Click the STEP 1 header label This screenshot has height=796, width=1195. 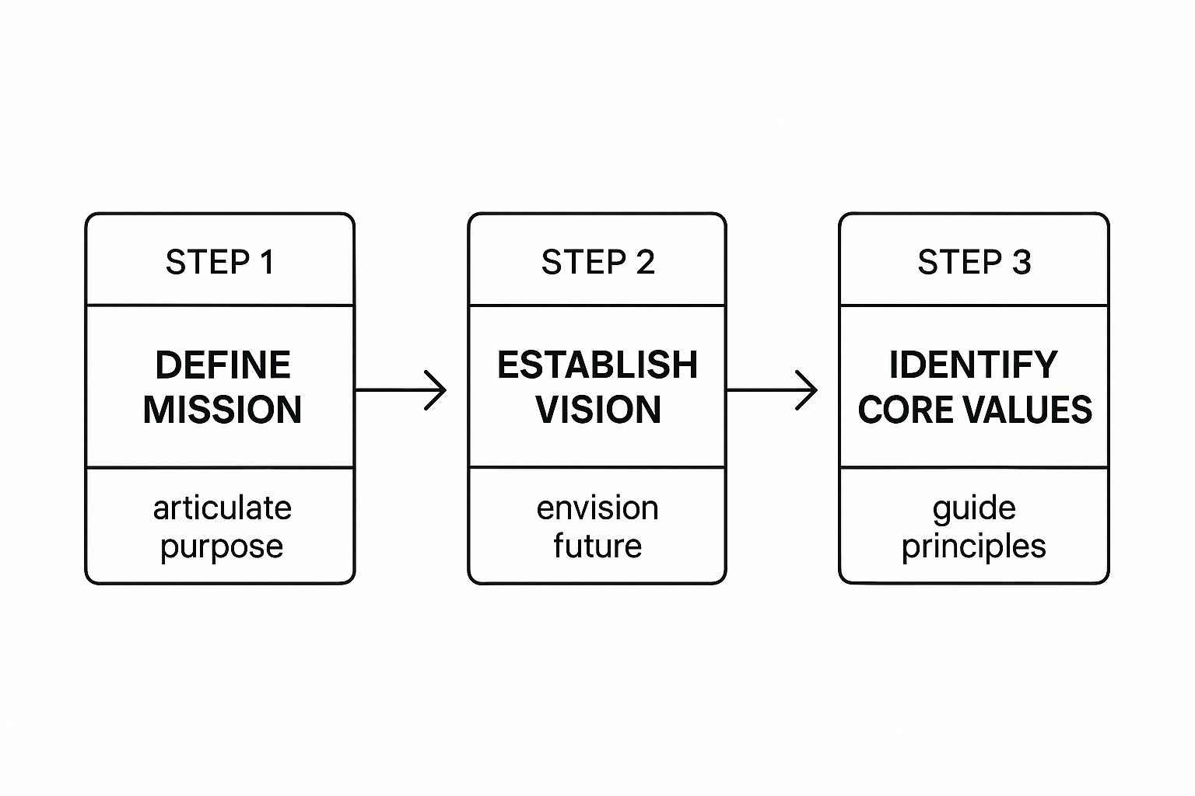(219, 263)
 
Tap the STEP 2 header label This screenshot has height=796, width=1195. (597, 263)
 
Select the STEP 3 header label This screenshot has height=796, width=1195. (974, 263)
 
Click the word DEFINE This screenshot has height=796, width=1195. (223, 365)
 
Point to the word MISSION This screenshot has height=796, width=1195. (223, 410)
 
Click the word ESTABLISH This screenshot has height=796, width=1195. (597, 365)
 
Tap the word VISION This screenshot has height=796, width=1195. (598, 410)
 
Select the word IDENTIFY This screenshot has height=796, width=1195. (973, 365)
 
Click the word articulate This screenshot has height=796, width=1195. (223, 508)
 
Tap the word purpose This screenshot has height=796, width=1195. (222, 547)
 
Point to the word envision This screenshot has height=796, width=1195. (597, 508)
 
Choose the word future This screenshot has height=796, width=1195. (597, 546)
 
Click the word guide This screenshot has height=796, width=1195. (974, 508)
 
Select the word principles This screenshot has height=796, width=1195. (973, 547)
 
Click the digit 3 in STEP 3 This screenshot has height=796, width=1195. (1022, 263)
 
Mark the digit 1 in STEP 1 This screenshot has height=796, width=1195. (268, 263)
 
